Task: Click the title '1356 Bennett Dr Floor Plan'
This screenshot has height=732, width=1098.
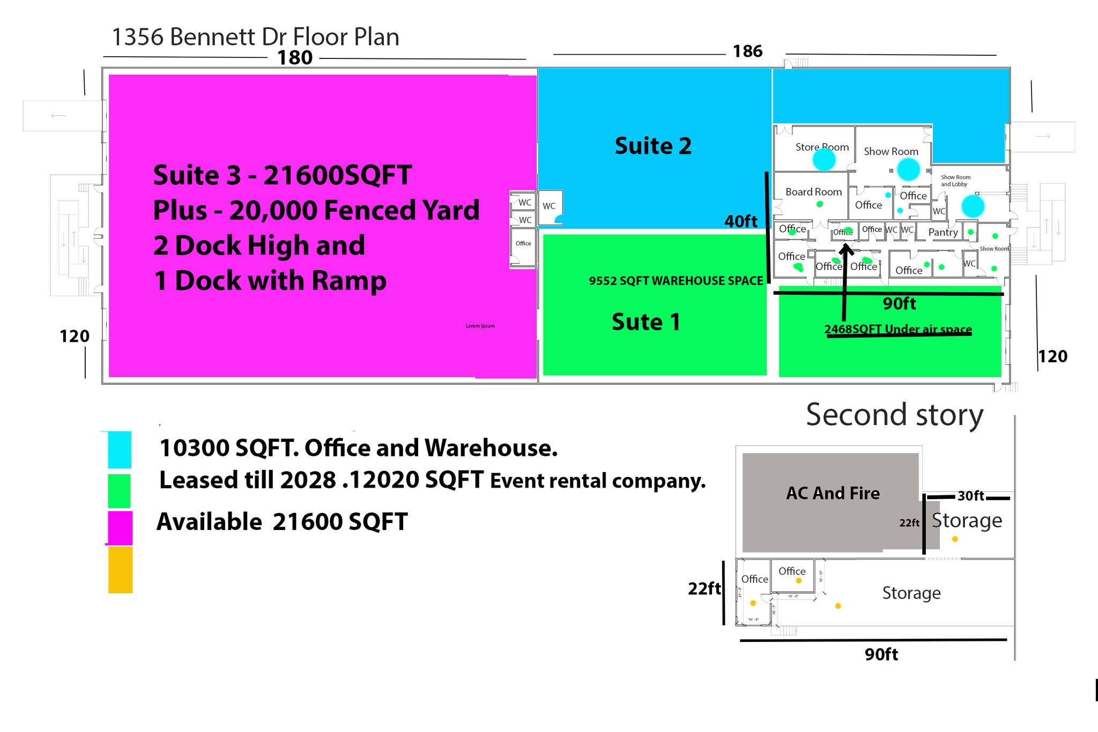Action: [255, 37]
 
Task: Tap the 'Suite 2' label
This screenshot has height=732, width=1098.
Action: [653, 146]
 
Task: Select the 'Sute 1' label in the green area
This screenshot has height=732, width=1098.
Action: [646, 322]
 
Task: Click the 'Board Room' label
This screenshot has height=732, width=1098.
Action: [813, 192]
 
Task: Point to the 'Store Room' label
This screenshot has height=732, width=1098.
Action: [822, 147]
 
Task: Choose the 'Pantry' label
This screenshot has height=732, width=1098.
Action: [943, 232]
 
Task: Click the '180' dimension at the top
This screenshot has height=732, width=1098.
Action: [294, 58]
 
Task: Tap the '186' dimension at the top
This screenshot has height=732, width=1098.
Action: [747, 51]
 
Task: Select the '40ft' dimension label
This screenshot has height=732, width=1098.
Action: [740, 221]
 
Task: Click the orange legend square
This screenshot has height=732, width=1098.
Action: [120, 570]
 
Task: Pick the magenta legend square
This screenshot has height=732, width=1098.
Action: [120, 528]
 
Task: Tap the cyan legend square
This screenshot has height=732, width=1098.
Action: [120, 450]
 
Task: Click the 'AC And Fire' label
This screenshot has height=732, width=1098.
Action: [833, 493]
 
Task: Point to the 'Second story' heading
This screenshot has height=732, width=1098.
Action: [894, 415]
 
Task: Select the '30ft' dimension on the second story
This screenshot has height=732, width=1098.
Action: [971, 496]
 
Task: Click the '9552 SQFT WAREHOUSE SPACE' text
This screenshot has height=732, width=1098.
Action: [676, 281]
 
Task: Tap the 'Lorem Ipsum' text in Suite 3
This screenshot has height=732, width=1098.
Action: [480, 326]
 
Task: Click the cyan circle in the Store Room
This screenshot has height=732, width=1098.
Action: [824, 159]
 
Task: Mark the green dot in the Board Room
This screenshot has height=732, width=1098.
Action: [820, 204]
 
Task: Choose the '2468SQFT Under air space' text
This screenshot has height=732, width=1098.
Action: [898, 329]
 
